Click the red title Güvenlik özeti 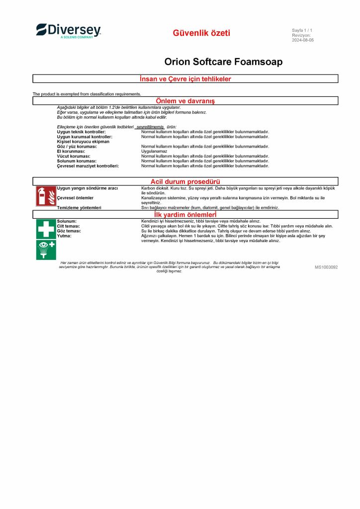(x=201, y=33)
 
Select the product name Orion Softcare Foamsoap (x=223, y=62)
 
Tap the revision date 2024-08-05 (x=303, y=40)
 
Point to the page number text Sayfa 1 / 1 (x=302, y=31)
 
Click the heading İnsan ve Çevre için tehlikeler (x=185, y=79)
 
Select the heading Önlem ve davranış (x=185, y=101)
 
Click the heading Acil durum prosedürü (x=185, y=181)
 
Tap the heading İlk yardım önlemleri (x=185, y=214)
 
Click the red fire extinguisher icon (x=46, y=196)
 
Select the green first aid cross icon (x=46, y=229)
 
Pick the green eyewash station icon (x=46, y=249)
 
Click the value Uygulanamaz (x=154, y=152)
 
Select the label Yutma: (x=64, y=236)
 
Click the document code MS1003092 (x=326, y=267)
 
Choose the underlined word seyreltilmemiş (x=150, y=127)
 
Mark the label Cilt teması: (x=69, y=226)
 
